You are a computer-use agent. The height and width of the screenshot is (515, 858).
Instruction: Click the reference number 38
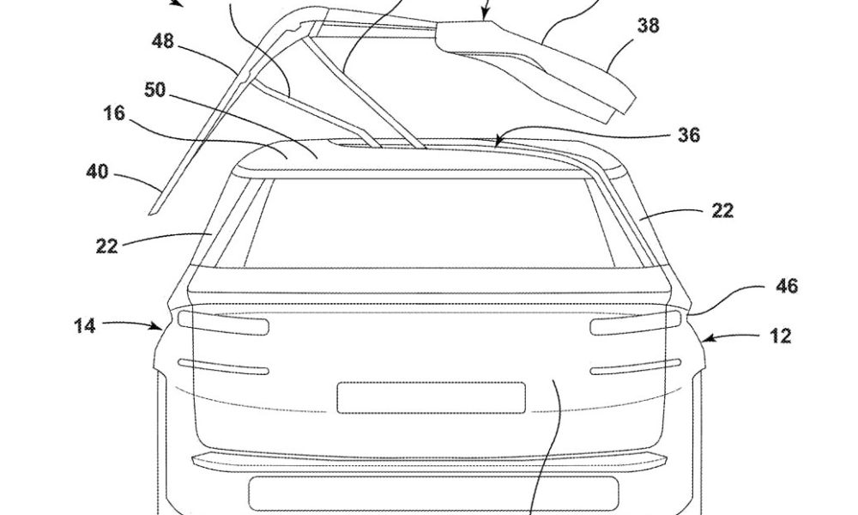pyautogui.click(x=648, y=25)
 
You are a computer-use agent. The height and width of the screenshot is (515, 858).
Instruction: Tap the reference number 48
pyautogui.click(x=163, y=41)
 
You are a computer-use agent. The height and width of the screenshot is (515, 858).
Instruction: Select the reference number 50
pyautogui.click(x=154, y=90)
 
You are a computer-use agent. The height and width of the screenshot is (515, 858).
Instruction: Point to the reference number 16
pyautogui.click(x=114, y=113)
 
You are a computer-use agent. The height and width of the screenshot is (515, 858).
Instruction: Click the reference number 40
pyautogui.click(x=98, y=172)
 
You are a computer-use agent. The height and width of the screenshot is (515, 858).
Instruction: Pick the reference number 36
pyautogui.click(x=689, y=135)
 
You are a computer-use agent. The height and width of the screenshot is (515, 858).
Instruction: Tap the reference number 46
pyautogui.click(x=787, y=286)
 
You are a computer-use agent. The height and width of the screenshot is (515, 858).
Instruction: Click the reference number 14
pyautogui.click(x=85, y=326)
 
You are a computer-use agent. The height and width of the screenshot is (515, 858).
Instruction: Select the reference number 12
pyautogui.click(x=780, y=336)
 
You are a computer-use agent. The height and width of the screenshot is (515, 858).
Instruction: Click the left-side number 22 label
pyautogui.click(x=106, y=246)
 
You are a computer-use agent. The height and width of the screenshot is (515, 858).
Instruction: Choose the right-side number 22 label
pyautogui.click(x=722, y=210)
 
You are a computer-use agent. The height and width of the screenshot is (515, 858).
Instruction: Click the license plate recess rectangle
pyautogui.click(x=432, y=398)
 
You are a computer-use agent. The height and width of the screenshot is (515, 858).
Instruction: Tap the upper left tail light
pyautogui.click(x=224, y=323)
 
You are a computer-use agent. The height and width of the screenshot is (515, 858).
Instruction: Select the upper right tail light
pyautogui.click(x=636, y=323)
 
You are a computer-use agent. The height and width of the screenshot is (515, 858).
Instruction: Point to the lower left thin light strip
pyautogui.click(x=224, y=367)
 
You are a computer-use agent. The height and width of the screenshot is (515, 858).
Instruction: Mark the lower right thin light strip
pyautogui.click(x=636, y=367)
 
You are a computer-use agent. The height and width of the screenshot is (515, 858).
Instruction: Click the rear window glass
pyautogui.click(x=430, y=223)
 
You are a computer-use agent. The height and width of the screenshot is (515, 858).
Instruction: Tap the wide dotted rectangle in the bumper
pyautogui.click(x=434, y=494)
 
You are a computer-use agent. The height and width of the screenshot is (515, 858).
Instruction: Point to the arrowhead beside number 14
pyautogui.click(x=157, y=327)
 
